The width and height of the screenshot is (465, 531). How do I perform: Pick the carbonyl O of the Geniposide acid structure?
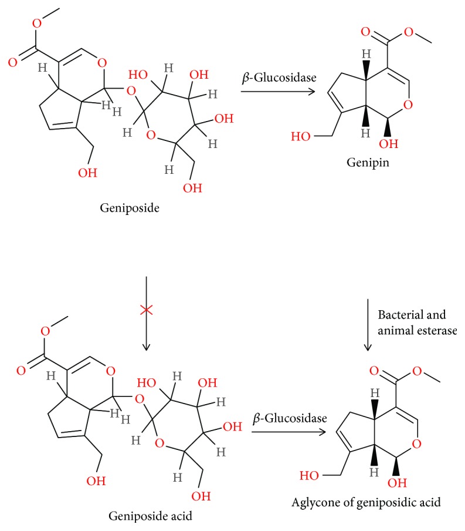[x=21, y=371]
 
